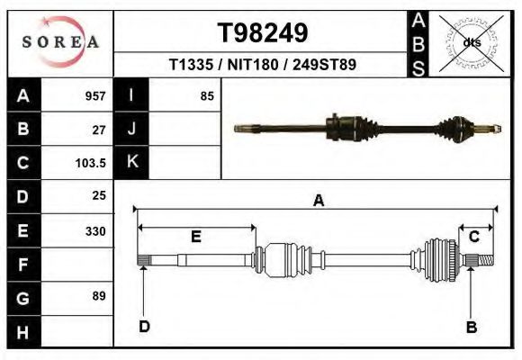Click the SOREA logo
pyautogui.click(x=59, y=42)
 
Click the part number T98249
pyautogui.click(x=263, y=33)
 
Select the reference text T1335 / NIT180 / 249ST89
pyautogui.click(x=262, y=65)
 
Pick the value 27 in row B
pyautogui.click(x=99, y=130)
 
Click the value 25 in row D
pyautogui.click(x=99, y=195)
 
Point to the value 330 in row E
pyautogui.click(x=94, y=231)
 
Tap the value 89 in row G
pyautogui.click(x=99, y=296)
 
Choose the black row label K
pyautogui.click(x=131, y=163)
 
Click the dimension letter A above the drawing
pyautogui.click(x=318, y=202)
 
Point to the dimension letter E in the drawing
pyautogui.click(x=195, y=238)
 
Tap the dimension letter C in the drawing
pyautogui.click(x=473, y=237)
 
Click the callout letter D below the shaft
pyautogui.click(x=144, y=327)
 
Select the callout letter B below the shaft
pyautogui.click(x=471, y=328)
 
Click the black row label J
pyautogui.click(x=131, y=130)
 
